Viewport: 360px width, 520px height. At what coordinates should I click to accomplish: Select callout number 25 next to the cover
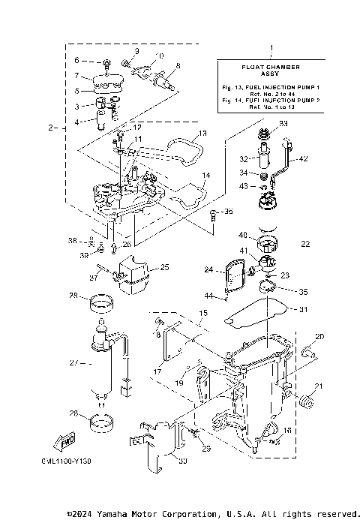tap(164, 266)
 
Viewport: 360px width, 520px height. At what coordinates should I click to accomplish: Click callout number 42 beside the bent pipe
tap(304, 159)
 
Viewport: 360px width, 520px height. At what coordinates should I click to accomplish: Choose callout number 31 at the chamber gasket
tap(304, 310)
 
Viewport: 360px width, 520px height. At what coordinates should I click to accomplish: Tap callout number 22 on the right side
tap(305, 244)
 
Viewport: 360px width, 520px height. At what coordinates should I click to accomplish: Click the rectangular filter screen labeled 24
tap(236, 276)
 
